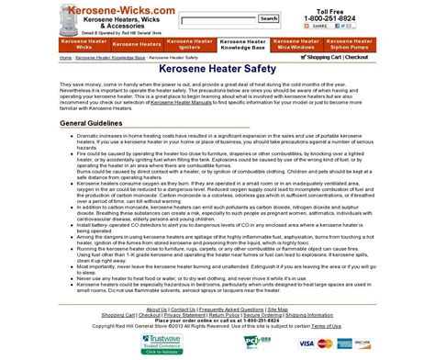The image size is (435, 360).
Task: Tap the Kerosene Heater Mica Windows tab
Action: [301, 42]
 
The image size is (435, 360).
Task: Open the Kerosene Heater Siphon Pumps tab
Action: [356, 42]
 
